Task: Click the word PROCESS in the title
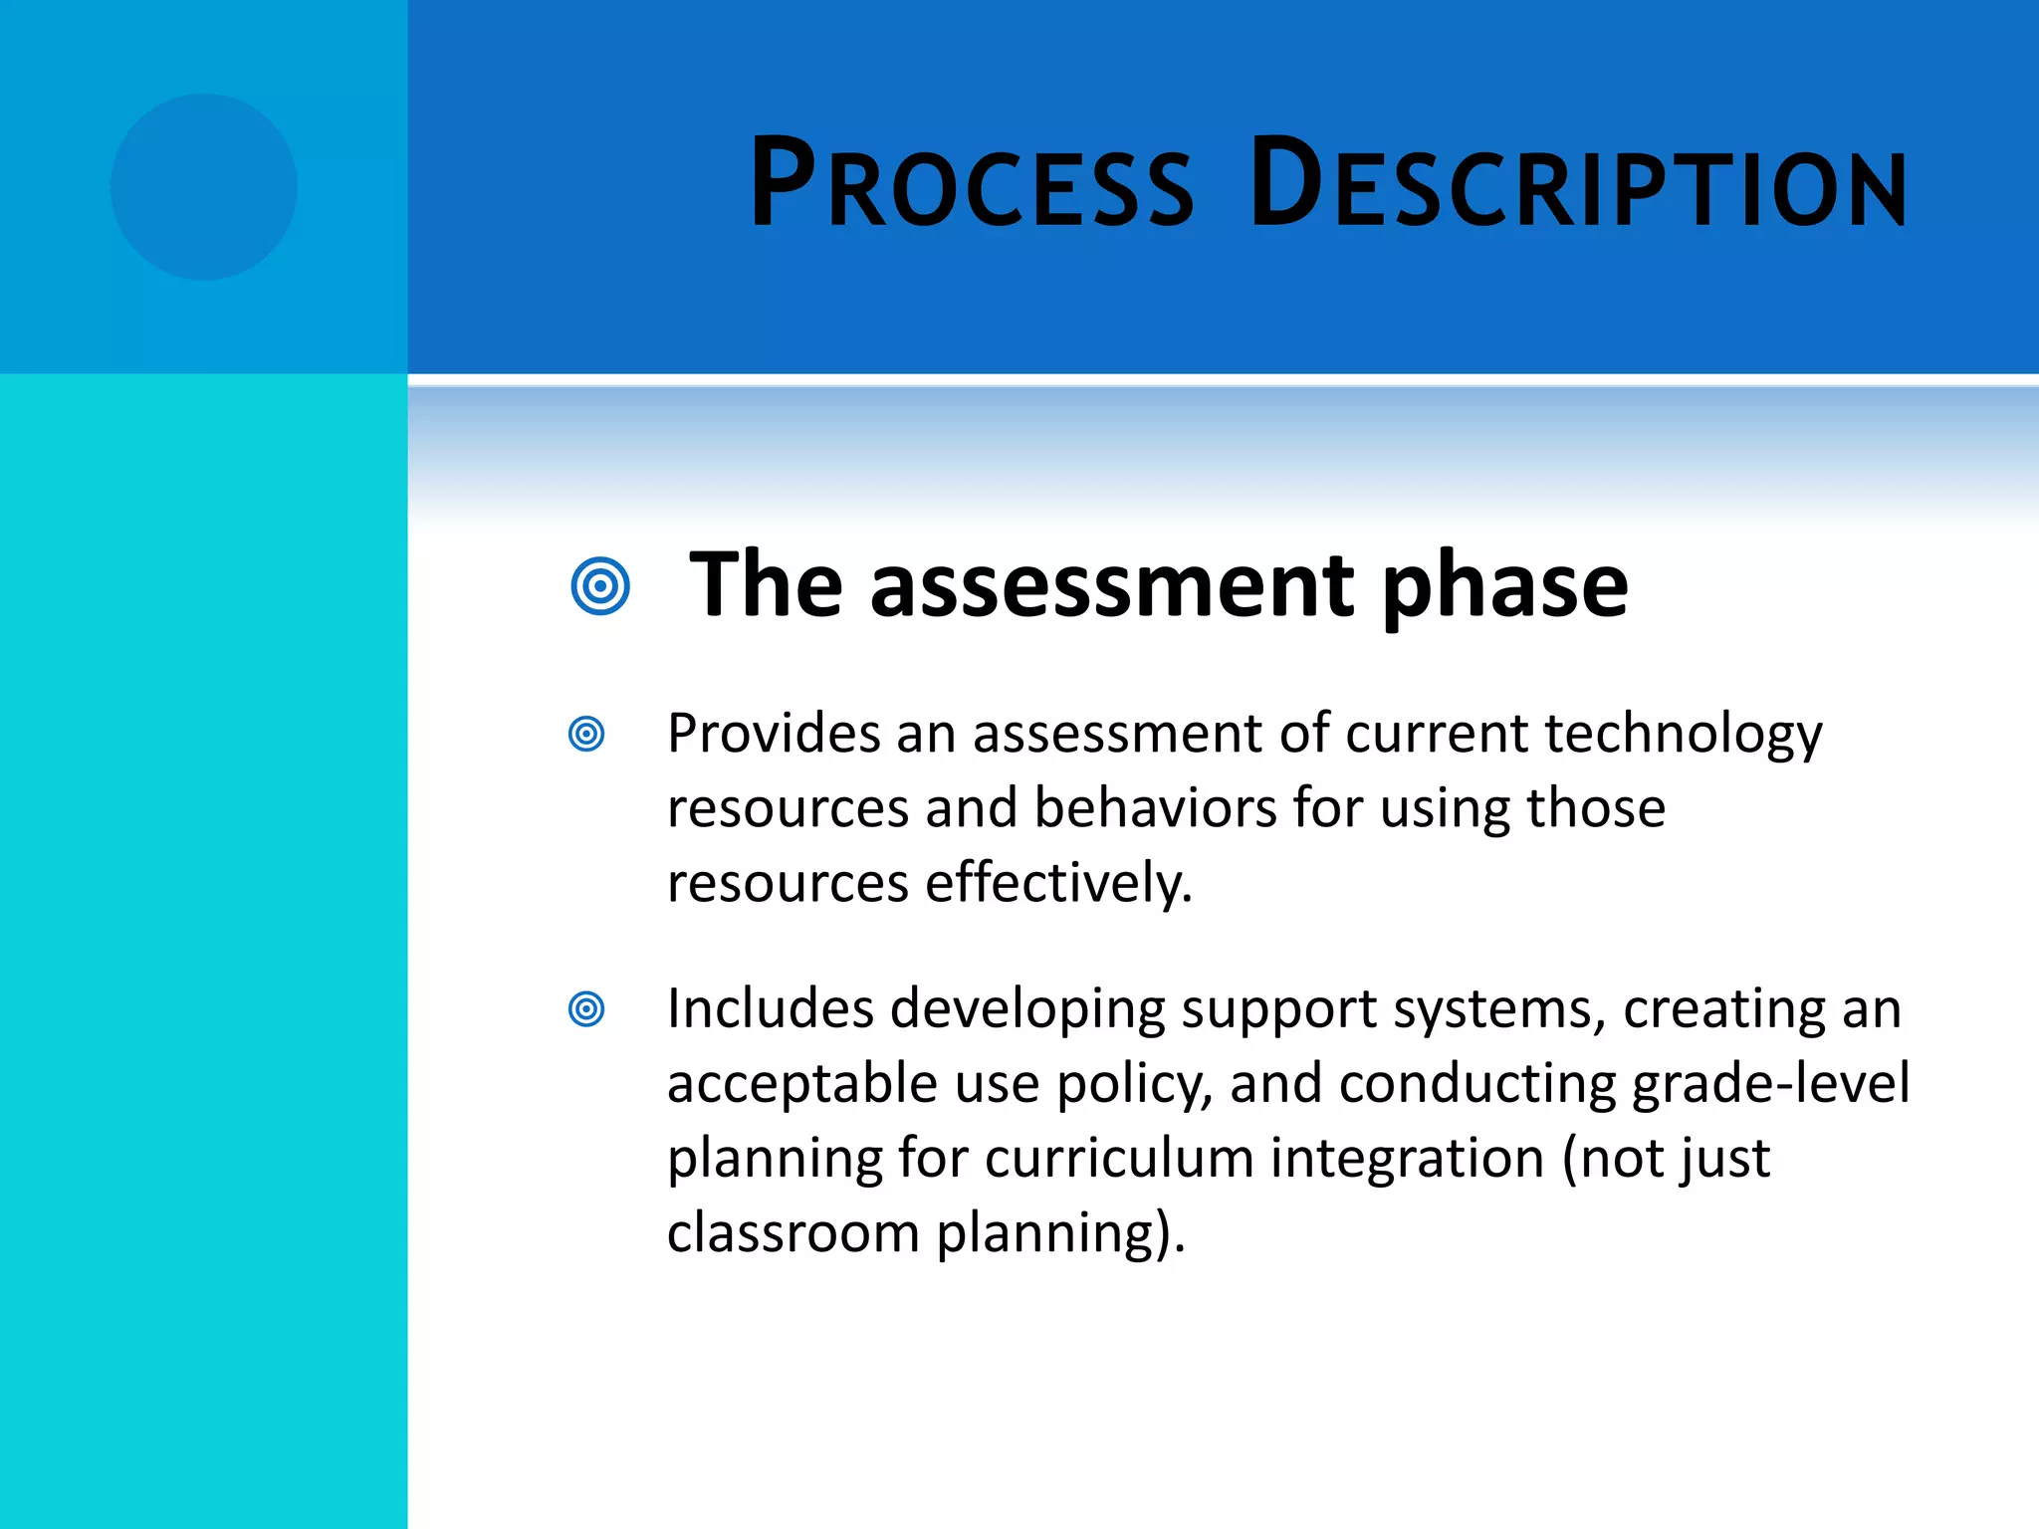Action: point(971,184)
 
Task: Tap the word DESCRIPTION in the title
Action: point(1578,184)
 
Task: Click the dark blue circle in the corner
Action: point(204,187)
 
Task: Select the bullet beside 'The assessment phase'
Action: point(600,586)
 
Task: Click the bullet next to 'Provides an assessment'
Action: point(586,735)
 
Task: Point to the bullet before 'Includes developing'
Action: point(586,1009)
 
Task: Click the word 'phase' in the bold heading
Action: point(1504,587)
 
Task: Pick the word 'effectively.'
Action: point(1058,883)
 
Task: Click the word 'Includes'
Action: point(770,1008)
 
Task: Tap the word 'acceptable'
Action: point(801,1084)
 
